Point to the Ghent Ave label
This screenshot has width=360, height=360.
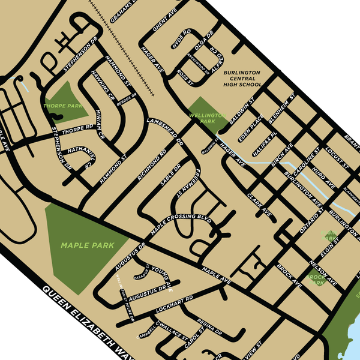click(163, 19)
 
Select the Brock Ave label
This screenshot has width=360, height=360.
click(289, 274)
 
